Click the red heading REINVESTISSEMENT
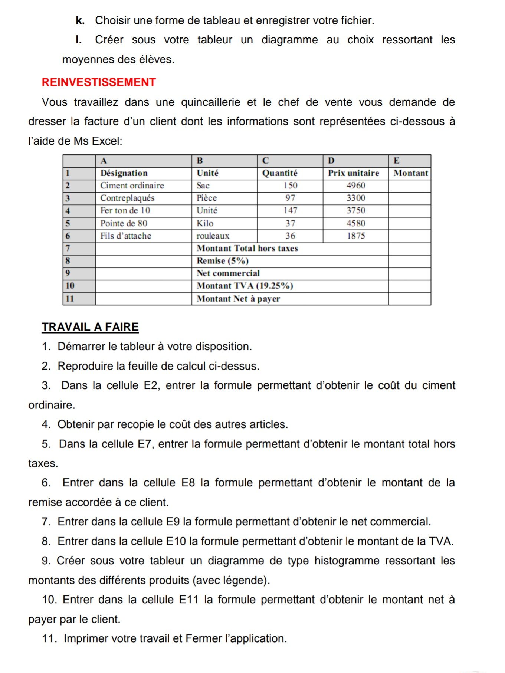[99, 82]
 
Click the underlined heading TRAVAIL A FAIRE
[90, 327]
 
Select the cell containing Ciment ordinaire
[132, 186]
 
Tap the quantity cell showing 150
[290, 186]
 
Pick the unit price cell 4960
[355, 186]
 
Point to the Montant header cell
[410, 173]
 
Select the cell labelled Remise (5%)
[223, 261]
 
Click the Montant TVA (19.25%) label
[245, 286]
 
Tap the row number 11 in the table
[70, 299]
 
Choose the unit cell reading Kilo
[205, 223]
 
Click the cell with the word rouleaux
[213, 236]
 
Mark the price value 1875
[355, 236]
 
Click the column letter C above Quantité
[265, 161]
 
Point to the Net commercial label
[228, 273]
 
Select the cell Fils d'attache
[126, 236]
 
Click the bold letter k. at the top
[80, 21]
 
